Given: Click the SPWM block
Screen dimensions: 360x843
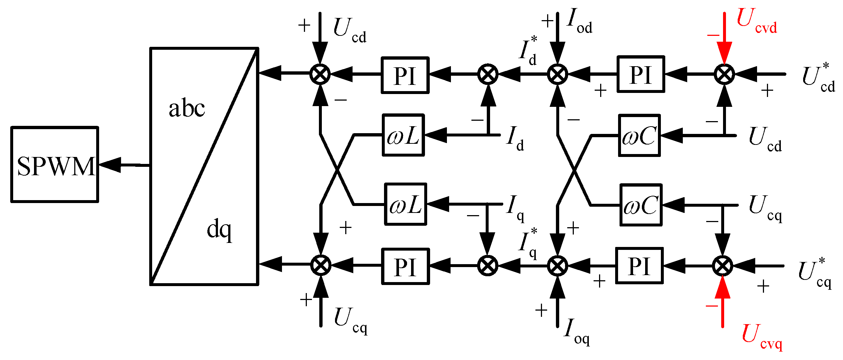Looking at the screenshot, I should (55, 165).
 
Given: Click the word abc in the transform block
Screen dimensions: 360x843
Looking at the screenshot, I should (187, 109).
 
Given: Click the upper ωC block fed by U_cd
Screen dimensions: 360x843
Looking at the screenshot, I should (639, 136).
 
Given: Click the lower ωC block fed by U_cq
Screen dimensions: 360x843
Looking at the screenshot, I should (641, 205).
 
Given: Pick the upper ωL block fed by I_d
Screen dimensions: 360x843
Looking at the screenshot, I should (403, 135).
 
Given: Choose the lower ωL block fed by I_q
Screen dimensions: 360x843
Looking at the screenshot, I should (405, 204).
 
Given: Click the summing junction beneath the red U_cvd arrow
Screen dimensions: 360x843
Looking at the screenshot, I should (724, 74).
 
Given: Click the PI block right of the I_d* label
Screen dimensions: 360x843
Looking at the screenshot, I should (640, 74).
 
